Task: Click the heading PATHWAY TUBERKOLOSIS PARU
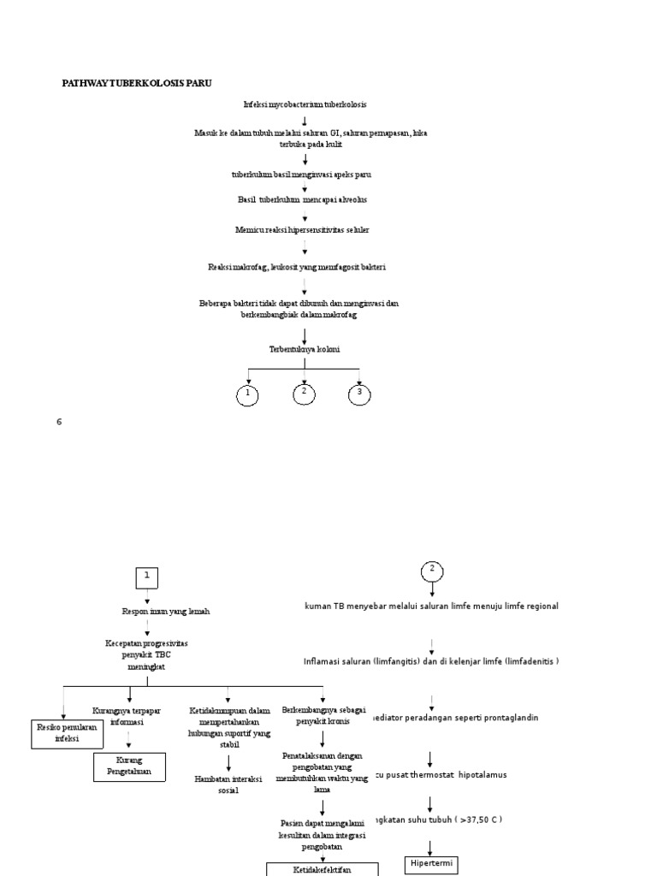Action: [x=137, y=83]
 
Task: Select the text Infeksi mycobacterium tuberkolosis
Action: [x=305, y=104]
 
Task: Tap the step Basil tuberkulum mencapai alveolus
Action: [x=304, y=199]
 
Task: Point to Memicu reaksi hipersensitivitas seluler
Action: [x=303, y=230]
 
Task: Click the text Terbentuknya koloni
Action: [x=304, y=349]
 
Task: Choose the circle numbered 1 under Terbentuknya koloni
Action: [x=248, y=395]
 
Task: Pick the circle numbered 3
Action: [x=360, y=394]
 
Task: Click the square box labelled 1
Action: [x=147, y=577]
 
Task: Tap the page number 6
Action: [x=60, y=422]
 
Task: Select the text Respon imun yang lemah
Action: [x=166, y=612]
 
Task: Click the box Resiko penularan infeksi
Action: [x=67, y=733]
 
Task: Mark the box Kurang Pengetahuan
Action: [x=129, y=766]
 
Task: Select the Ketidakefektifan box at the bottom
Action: [x=323, y=869]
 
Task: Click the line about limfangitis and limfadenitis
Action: [x=431, y=661]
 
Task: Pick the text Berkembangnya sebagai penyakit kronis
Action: [x=321, y=716]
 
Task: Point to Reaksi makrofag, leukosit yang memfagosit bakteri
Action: [x=297, y=268]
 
